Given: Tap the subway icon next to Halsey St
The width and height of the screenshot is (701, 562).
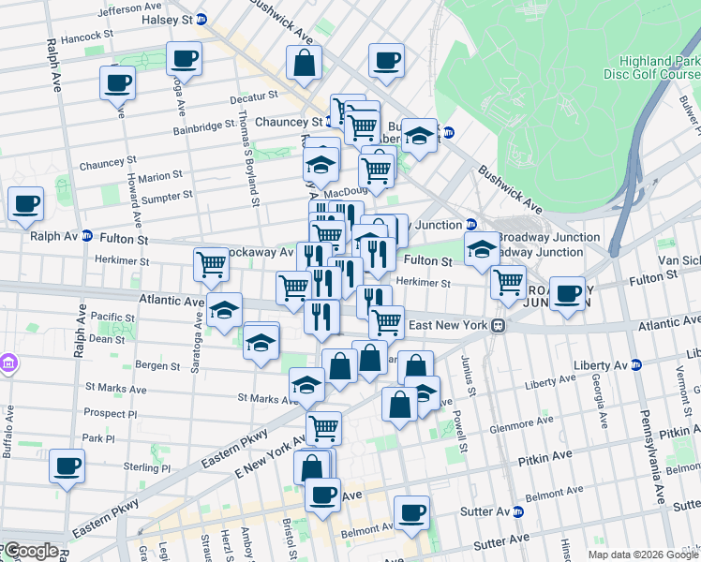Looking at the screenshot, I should [x=201, y=19].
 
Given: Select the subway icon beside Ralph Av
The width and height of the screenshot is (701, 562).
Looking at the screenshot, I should [x=86, y=236].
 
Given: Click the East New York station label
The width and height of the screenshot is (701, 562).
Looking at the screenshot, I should [x=453, y=325].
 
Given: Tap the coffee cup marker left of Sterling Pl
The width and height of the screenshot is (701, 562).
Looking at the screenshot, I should [x=67, y=466].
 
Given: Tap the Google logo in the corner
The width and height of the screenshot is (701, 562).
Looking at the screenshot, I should [x=30, y=551].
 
